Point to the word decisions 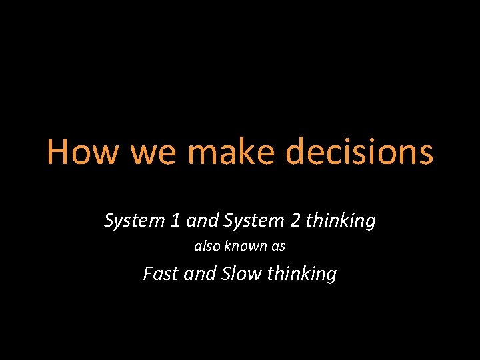(359, 152)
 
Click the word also (207, 247)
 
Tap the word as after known (279, 247)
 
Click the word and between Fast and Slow (199, 273)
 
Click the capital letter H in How (59, 152)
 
